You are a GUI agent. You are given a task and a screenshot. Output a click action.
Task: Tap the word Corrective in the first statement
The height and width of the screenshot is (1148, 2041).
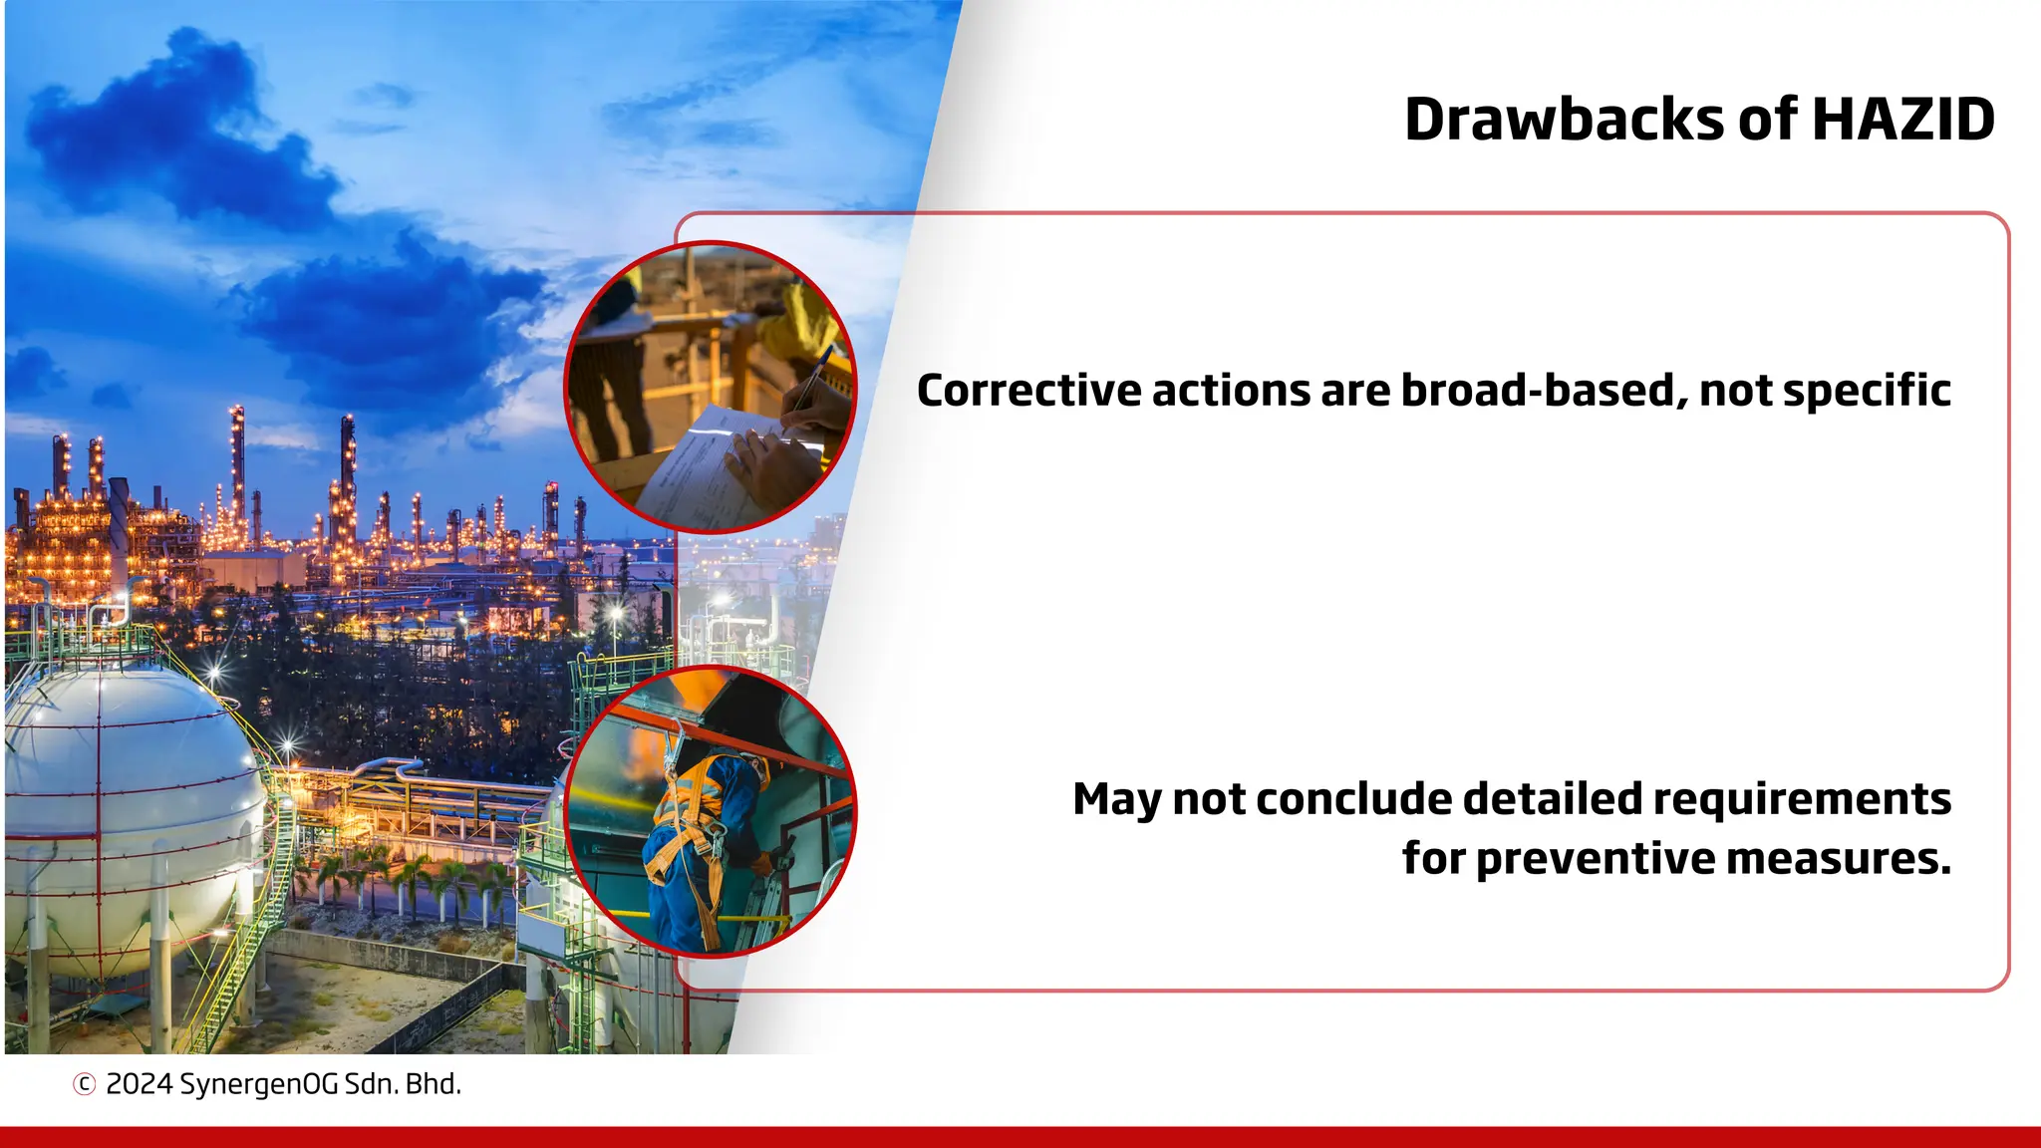coord(1028,391)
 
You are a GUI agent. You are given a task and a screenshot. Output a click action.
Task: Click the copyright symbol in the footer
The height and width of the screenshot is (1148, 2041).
coord(85,1084)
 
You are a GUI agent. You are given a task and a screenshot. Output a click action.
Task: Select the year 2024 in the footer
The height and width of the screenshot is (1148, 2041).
coord(139,1084)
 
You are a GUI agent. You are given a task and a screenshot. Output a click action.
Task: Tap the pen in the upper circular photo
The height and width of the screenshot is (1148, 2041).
coord(812,379)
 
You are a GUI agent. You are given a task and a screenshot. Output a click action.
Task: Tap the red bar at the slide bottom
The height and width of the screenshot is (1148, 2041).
coord(1020,1137)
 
